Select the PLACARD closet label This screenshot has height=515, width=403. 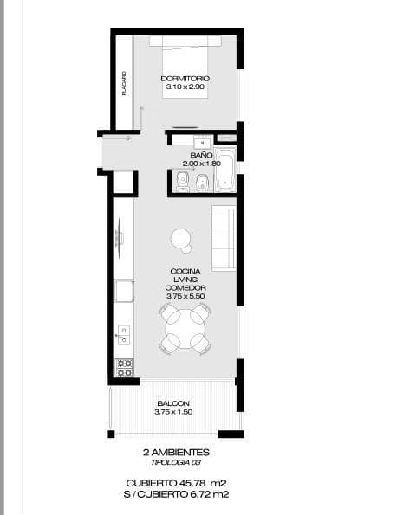124,83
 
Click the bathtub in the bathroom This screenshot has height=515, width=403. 224,171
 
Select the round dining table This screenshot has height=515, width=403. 184,329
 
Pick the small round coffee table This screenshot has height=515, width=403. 181,237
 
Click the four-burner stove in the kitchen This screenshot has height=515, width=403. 125,367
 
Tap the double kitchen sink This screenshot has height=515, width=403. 124,335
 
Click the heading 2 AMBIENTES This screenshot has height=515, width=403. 176,453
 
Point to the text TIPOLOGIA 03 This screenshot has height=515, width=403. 176,463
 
